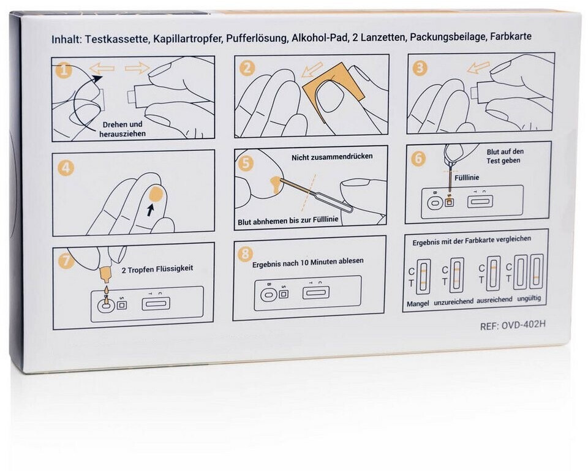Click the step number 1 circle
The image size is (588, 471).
pos(64,70)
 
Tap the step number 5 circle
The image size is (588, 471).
pos(246,163)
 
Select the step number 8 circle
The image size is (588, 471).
pos(245,254)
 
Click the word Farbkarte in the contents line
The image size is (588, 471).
pos(511,36)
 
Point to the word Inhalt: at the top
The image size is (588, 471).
pos(66,39)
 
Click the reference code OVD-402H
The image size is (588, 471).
pos(523,325)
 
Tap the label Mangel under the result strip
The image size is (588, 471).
pos(418,304)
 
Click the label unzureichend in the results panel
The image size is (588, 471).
pos(453,302)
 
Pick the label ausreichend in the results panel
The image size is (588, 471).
pos(494,300)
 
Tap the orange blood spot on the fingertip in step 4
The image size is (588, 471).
pos(155,194)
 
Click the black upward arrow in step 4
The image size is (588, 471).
pos(150,210)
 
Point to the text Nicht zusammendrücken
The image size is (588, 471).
pos(332,156)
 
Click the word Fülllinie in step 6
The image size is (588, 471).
pos(467,178)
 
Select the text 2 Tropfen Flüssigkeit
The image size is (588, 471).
pos(157,269)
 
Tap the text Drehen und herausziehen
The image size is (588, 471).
pos(123,129)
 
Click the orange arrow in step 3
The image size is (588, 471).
pos(478,67)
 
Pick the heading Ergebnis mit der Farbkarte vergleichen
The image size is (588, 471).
pos(472,240)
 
